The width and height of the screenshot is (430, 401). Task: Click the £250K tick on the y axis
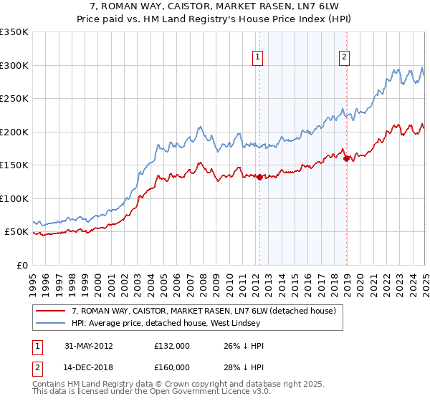pos(14,99)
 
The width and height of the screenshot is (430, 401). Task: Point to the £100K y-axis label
pos(14,198)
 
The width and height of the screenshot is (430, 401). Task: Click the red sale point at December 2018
pos(347,158)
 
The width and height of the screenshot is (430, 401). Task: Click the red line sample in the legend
pos(50,311)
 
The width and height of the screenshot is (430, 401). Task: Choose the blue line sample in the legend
pos(50,324)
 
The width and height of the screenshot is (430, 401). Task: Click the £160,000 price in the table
pos(172,367)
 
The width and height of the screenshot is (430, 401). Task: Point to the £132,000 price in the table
pos(172,346)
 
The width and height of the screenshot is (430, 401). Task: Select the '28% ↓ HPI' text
pos(244,367)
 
